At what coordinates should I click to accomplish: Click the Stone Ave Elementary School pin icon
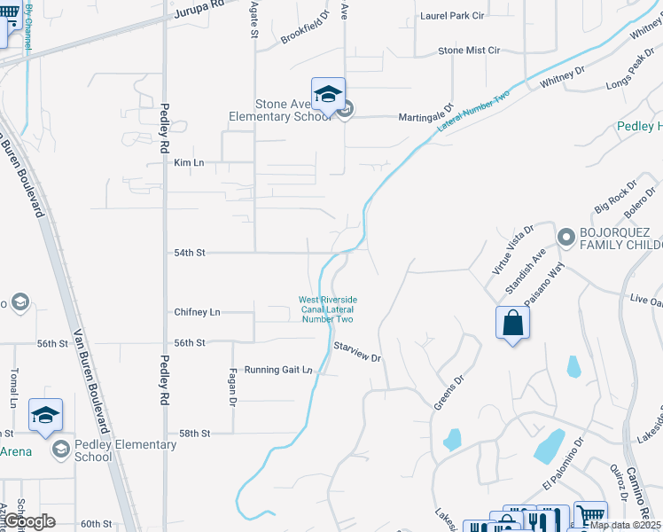[x=328, y=95]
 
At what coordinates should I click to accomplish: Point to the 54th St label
[x=189, y=253]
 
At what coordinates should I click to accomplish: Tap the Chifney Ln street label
[x=197, y=312]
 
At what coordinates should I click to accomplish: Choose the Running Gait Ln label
[x=278, y=370]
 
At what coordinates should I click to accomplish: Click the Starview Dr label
[x=357, y=352]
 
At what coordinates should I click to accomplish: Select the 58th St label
[x=194, y=434]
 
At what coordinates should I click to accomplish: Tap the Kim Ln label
[x=189, y=162]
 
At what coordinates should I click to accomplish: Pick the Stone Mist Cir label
[x=469, y=51]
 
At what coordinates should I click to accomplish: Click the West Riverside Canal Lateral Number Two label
[x=327, y=309]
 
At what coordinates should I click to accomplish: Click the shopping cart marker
[x=589, y=515]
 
